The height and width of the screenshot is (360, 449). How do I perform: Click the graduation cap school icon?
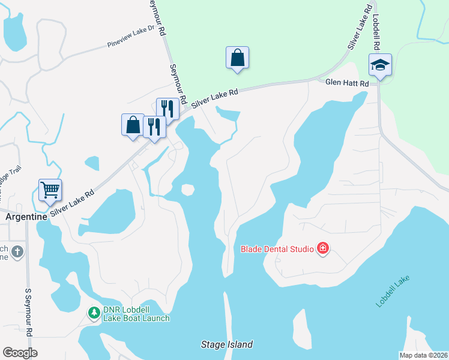[381, 64]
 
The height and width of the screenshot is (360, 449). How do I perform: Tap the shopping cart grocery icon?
[50, 190]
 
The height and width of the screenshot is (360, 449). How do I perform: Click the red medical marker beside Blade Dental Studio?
[323, 248]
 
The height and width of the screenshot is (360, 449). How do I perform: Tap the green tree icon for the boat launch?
[94, 313]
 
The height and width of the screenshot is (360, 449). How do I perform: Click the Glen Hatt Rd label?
[347, 84]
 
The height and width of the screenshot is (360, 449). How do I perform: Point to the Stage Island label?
[226, 344]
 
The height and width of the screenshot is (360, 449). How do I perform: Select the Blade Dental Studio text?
[278, 248]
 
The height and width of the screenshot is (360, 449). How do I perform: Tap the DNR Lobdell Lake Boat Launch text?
[136, 314]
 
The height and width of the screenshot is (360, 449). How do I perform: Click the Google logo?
[20, 352]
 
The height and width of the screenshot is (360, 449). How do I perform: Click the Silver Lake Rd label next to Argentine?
[73, 203]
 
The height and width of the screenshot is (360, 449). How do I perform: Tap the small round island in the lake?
[188, 190]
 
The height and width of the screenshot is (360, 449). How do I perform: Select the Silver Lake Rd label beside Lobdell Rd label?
[358, 27]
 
